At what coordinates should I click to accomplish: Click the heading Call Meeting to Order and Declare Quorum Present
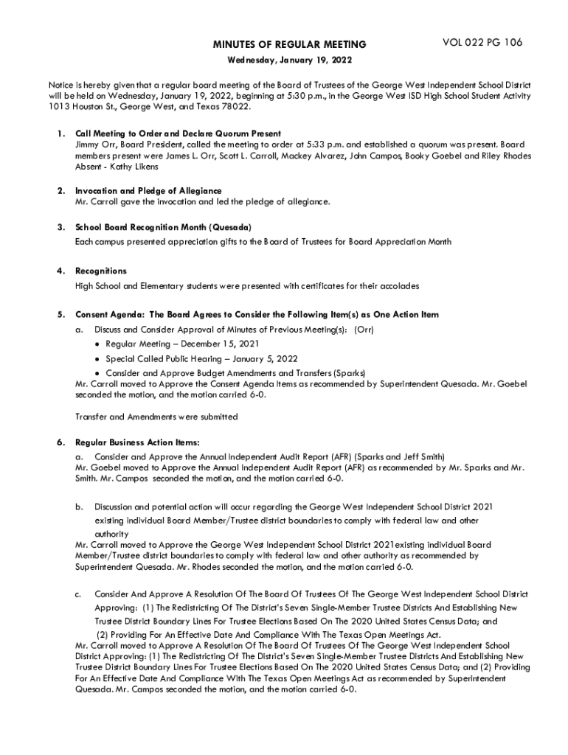point(178,133)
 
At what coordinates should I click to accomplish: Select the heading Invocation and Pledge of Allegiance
point(148,191)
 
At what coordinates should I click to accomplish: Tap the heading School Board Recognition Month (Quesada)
point(164,226)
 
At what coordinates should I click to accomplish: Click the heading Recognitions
point(101,271)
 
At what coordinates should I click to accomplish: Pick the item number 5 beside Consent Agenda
point(58,315)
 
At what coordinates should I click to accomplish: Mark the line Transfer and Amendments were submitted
point(156,417)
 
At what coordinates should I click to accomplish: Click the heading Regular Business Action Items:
point(137,442)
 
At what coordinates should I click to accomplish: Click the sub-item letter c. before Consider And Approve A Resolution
point(79,594)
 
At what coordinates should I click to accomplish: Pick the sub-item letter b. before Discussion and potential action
point(79,507)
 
